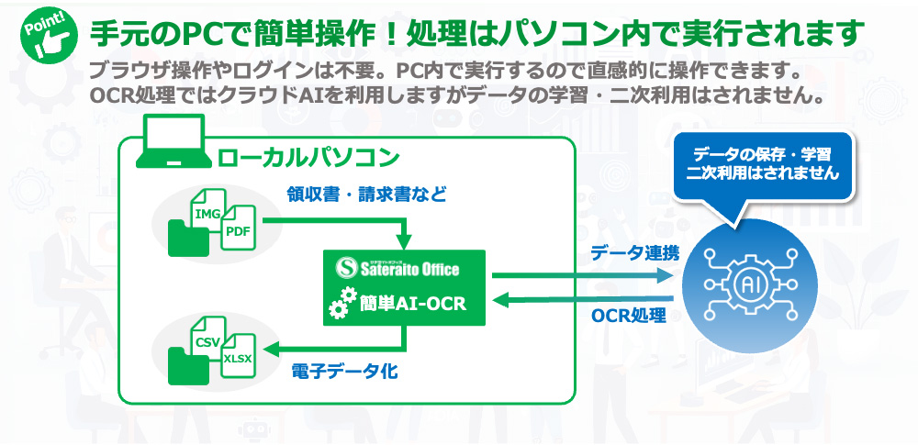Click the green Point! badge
(x=50, y=34)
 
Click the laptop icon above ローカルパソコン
(x=174, y=141)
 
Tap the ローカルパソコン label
(x=308, y=157)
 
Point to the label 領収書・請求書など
(x=366, y=195)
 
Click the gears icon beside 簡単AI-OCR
(x=341, y=302)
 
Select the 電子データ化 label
(x=345, y=372)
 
